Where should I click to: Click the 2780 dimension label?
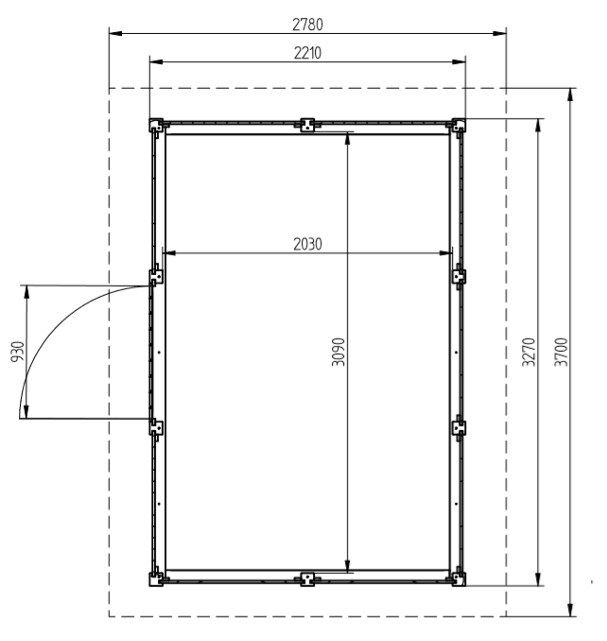point(307,25)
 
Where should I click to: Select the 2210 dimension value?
point(307,53)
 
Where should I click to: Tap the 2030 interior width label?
point(307,244)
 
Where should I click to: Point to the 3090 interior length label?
point(338,352)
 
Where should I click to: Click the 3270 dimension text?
point(529,352)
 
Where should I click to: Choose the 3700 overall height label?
point(561,352)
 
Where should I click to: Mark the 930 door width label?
point(18,352)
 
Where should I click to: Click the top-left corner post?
point(156,125)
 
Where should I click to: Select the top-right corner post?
point(459,125)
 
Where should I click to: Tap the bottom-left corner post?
point(156,579)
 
